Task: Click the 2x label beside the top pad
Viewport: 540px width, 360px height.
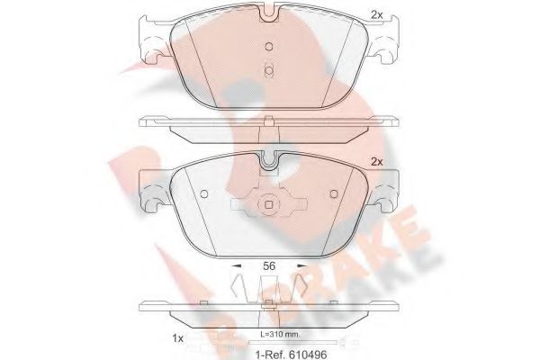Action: pos(376,13)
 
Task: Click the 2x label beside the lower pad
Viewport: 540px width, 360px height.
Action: pos(376,161)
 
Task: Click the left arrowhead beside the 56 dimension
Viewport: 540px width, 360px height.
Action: pos(237,267)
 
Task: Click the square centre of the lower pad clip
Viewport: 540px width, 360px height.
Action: pos(268,206)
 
